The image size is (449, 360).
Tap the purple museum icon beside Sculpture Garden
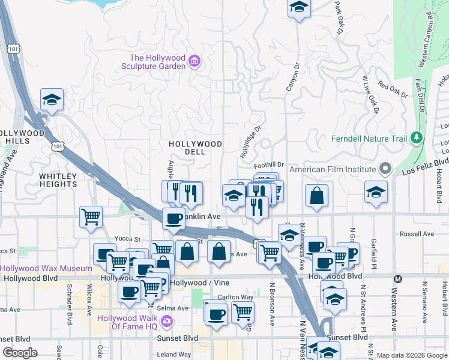tap(194, 61)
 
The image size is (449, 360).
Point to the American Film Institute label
tap(333, 169)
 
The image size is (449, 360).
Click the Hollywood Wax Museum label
tap(40, 268)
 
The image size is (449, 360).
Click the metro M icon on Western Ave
tap(397, 278)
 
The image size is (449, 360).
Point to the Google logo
tap(19, 353)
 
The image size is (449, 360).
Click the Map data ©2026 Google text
tap(412, 355)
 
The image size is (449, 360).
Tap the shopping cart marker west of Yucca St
tap(91, 216)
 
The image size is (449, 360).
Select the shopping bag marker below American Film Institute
tap(316, 195)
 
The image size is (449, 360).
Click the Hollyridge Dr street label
tap(250, 142)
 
